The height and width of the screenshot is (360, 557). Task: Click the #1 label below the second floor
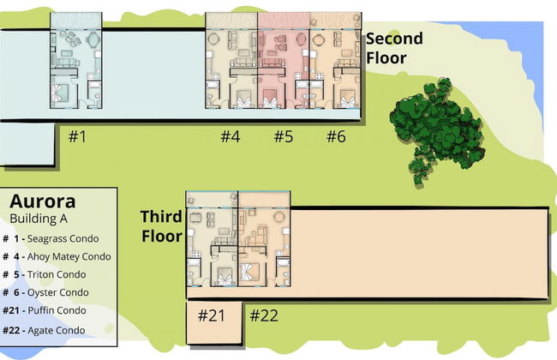(77, 136)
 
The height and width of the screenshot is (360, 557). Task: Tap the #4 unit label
(231, 136)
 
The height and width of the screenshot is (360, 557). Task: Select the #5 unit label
(284, 136)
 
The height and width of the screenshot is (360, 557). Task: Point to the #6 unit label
(336, 136)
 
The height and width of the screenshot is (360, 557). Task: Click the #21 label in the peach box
(212, 315)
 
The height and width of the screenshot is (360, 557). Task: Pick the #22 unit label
(264, 315)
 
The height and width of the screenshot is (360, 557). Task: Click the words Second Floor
(394, 48)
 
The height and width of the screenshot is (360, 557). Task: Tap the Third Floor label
(162, 226)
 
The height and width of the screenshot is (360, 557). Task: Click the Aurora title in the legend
(43, 201)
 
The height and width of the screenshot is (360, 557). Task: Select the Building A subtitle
(39, 219)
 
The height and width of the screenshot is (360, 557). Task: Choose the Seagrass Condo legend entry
(51, 238)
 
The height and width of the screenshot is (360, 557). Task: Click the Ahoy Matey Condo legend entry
(57, 256)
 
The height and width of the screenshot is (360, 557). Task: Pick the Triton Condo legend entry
(45, 274)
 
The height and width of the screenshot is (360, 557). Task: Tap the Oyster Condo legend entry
(45, 292)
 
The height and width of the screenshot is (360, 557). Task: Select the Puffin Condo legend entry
(45, 310)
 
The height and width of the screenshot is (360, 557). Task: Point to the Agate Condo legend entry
(44, 330)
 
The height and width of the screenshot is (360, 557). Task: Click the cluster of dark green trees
(436, 130)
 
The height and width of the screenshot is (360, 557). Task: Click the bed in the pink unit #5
(270, 99)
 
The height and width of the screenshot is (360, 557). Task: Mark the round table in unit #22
(279, 216)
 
